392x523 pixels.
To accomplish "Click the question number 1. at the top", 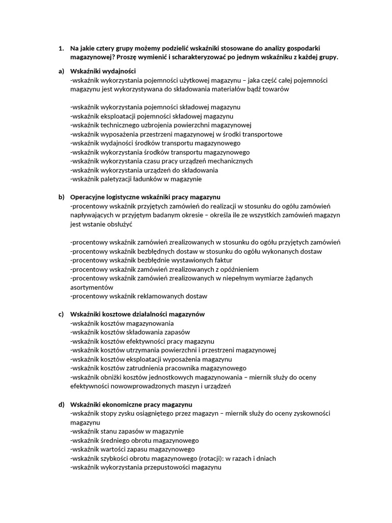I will [x=61, y=49].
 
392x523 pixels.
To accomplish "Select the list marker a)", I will [x=61, y=71].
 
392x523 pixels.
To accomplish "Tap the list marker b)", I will [x=61, y=197].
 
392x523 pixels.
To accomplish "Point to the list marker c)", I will [x=61, y=314].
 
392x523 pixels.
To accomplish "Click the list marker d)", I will [x=61, y=404].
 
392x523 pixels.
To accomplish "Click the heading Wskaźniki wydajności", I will [x=103, y=71].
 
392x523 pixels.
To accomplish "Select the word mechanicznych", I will [x=226, y=161].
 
